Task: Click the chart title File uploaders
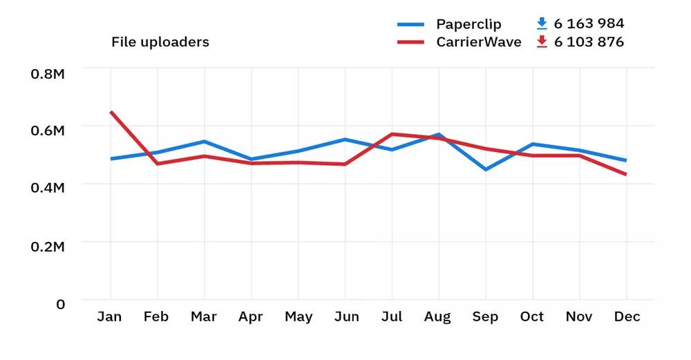click(x=160, y=42)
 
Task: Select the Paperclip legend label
click(x=468, y=24)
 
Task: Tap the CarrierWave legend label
click(x=478, y=42)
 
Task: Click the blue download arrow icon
click(x=542, y=24)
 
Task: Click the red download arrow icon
click(x=542, y=42)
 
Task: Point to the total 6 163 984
click(x=589, y=24)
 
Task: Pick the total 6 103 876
click(x=589, y=42)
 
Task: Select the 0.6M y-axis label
click(x=48, y=131)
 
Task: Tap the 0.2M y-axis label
click(x=48, y=247)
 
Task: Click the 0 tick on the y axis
click(x=60, y=304)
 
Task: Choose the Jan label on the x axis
click(x=109, y=317)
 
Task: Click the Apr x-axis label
click(x=250, y=317)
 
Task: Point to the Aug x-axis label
click(x=438, y=317)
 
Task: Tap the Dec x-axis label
click(x=627, y=317)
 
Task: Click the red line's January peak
click(x=111, y=112)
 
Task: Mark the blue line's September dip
click(x=485, y=169)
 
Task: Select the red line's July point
click(x=392, y=134)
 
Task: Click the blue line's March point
click(x=204, y=142)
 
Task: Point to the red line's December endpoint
click(x=626, y=175)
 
